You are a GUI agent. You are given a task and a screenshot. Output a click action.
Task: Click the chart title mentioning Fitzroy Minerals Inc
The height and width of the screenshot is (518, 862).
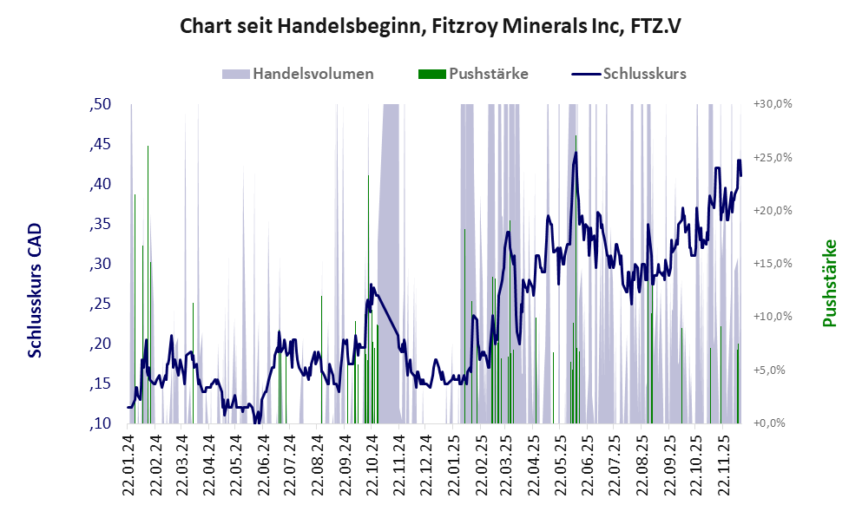pos(431,27)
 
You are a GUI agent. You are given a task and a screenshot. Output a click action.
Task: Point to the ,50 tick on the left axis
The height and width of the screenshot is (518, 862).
pos(101,104)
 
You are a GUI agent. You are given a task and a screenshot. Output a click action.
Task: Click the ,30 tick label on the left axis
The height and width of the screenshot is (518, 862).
pos(101,264)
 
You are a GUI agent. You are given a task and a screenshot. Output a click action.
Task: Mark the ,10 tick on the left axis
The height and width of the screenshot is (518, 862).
pos(101,423)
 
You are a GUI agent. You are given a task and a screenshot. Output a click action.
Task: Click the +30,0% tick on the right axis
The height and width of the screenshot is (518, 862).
pos(773,104)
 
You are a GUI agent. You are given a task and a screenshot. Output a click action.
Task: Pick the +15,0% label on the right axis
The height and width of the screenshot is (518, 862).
pos(773,264)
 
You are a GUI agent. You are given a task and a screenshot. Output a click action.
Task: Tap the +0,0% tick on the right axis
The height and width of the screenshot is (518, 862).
pos(773,423)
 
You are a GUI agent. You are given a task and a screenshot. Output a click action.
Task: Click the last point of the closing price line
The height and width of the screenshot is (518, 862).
pos(740,176)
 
